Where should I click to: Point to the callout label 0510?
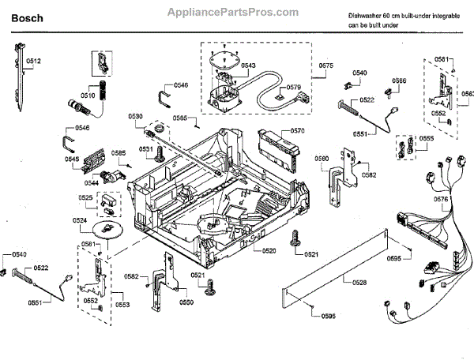click(88, 95)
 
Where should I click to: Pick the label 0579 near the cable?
click(293, 87)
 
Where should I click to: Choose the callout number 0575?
click(326, 66)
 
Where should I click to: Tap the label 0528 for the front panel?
click(359, 282)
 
